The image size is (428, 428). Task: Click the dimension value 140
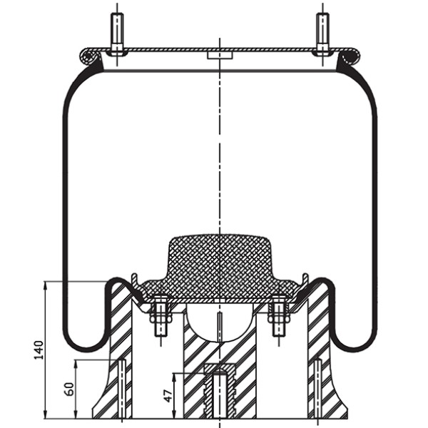tap(39, 350)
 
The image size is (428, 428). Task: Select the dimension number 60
tap(69, 389)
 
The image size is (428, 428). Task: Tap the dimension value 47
tap(169, 394)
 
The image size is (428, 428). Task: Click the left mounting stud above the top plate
tap(117, 32)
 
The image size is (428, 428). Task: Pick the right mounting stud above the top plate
tap(322, 32)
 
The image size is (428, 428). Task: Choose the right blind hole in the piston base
tap(317, 389)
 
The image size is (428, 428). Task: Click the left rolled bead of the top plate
tap(88, 55)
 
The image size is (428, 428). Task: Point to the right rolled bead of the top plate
tap(350, 55)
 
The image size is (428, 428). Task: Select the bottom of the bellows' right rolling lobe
tap(354, 347)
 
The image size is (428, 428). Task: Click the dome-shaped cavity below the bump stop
tap(220, 321)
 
